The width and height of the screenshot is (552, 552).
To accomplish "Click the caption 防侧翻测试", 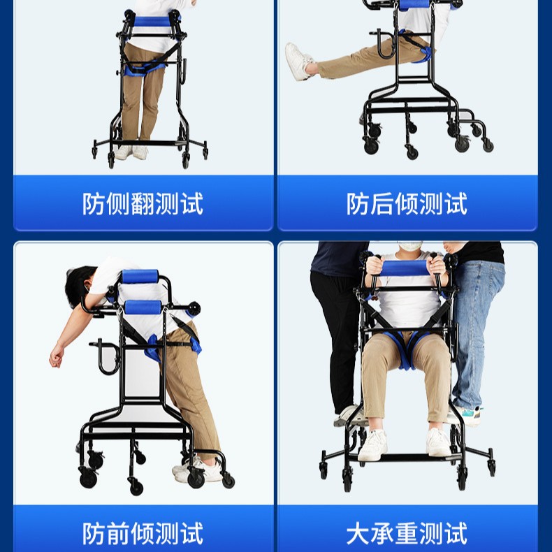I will point(143,204).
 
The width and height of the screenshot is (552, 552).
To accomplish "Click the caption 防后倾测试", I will point(407,204).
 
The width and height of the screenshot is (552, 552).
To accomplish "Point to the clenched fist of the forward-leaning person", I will point(56,358).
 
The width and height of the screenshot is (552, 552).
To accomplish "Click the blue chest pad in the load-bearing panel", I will point(405,268).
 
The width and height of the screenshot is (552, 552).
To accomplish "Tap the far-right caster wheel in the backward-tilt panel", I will point(488,145).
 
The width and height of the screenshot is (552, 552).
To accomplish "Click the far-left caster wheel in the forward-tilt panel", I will point(88,479).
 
